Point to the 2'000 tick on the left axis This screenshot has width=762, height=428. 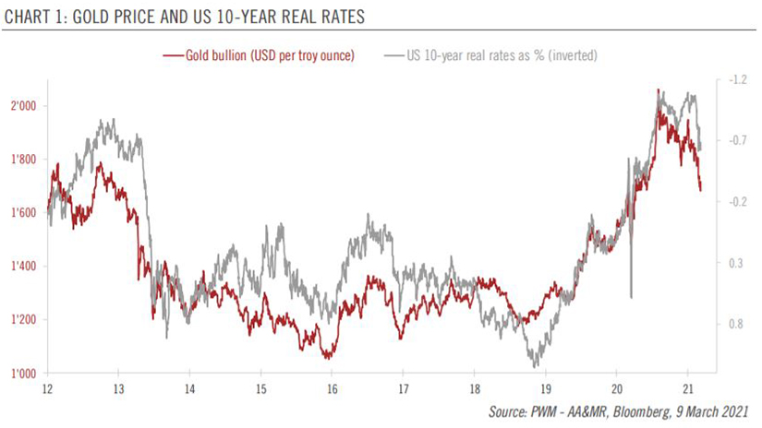click(23, 106)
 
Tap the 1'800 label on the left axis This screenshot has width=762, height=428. click(23, 160)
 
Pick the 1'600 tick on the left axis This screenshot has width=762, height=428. click(23, 213)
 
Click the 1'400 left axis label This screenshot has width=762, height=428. click(23, 267)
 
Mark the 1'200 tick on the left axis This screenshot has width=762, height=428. click(23, 320)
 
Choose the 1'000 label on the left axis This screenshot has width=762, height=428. click(23, 374)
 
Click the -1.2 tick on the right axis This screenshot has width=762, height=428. click(737, 80)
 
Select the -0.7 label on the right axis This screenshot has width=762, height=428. click(737, 141)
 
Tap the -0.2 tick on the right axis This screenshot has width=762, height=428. click(737, 202)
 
